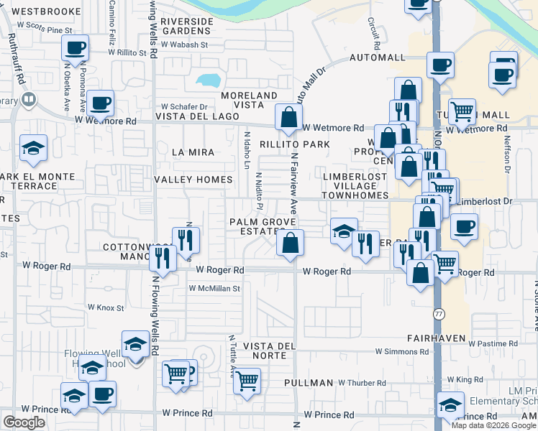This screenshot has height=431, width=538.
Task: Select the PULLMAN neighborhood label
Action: click(x=308, y=384)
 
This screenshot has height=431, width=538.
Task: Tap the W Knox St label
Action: click(x=106, y=307)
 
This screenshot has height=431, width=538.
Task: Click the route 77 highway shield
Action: click(x=439, y=314)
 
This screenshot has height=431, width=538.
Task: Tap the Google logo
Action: click(x=24, y=422)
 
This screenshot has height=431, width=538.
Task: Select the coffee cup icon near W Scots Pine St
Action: click(x=75, y=49)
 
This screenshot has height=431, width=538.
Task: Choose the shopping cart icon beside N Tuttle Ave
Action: click(x=247, y=380)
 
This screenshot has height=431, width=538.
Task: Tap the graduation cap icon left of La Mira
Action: click(x=33, y=149)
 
